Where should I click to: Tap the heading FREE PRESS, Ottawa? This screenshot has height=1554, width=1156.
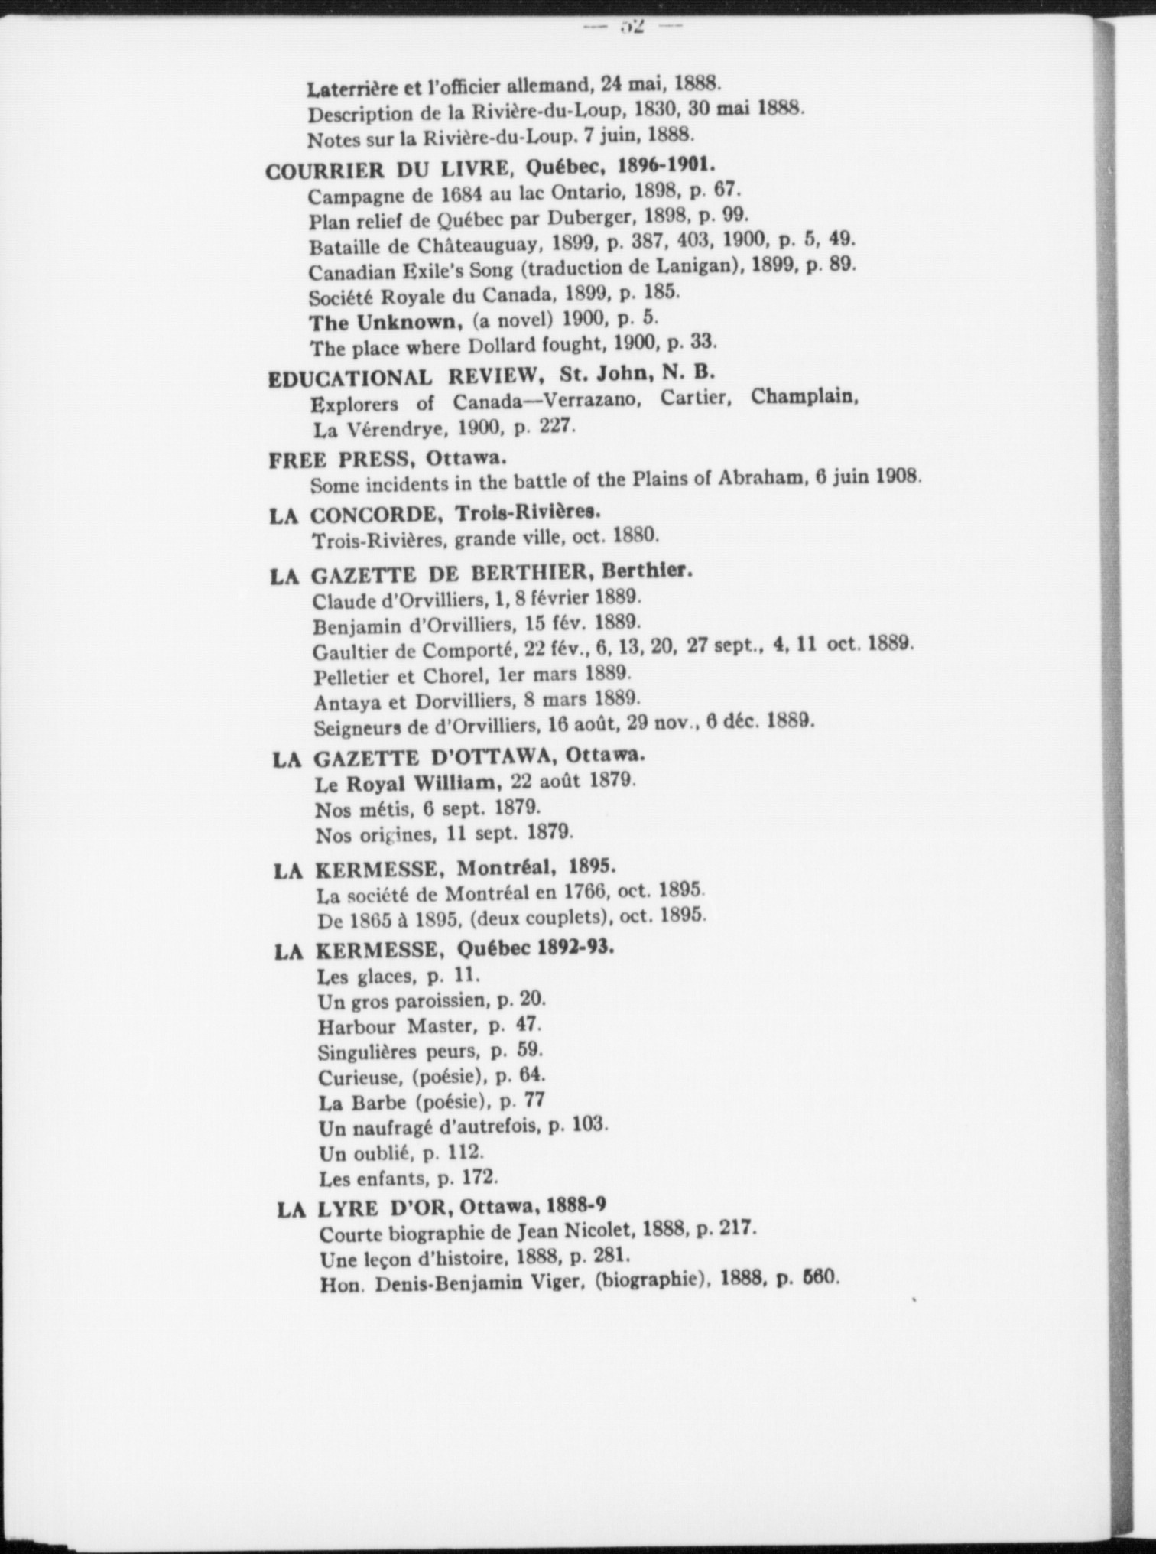tap(388, 459)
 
